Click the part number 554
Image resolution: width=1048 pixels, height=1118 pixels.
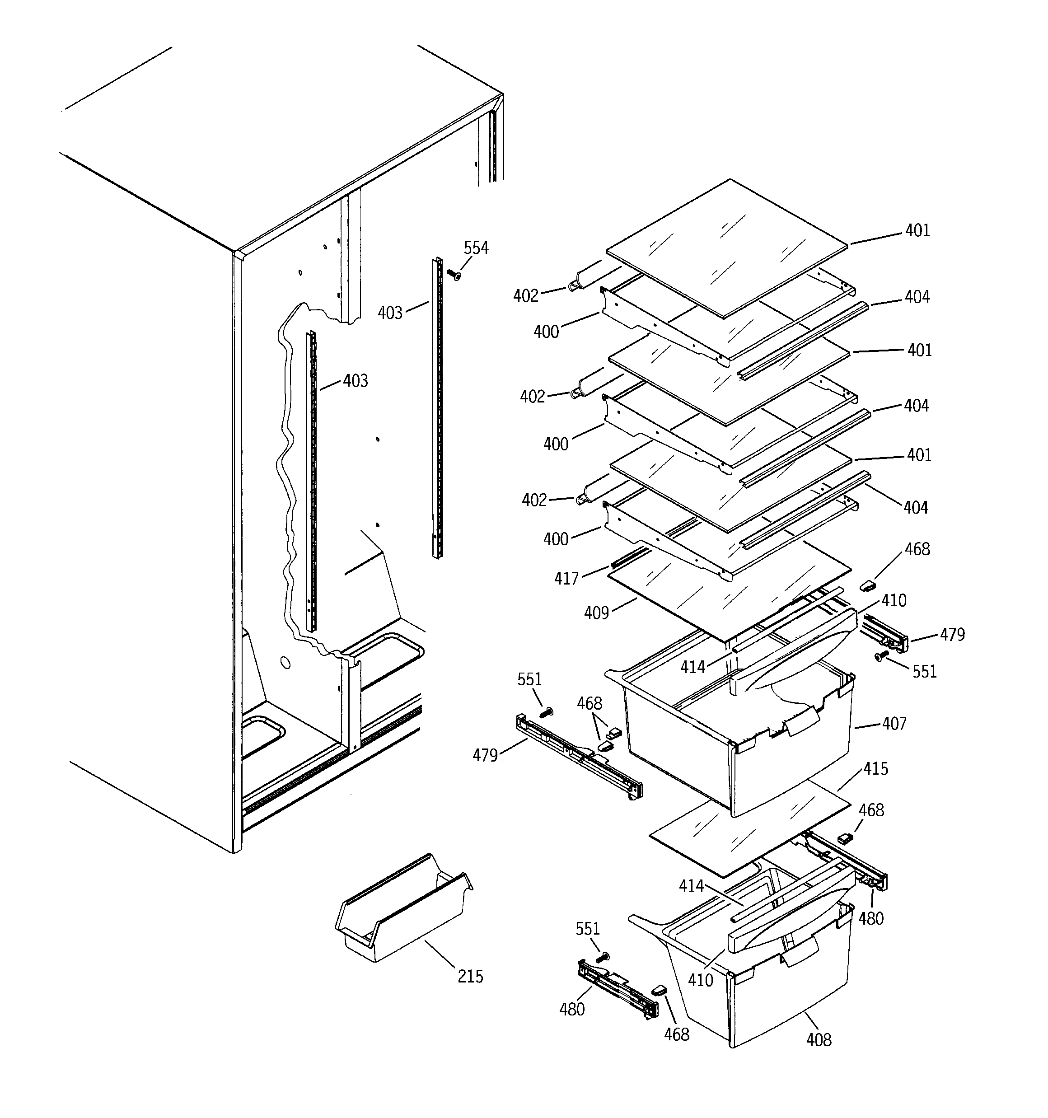coord(476,248)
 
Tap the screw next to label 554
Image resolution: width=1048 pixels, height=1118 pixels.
coord(454,275)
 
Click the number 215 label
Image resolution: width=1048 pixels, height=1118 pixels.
coord(470,976)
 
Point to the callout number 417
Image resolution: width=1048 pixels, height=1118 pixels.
coord(566,579)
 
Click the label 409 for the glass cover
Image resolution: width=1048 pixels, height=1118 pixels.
coord(596,613)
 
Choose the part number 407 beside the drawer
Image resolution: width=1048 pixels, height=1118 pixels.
coord(894,723)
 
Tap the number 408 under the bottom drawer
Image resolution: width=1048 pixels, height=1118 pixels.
coord(819,1039)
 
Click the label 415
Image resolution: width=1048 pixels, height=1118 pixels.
coord(875,769)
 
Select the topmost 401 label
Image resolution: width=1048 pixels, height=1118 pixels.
coord(917,230)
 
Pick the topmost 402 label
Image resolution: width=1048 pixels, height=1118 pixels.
coord(526,296)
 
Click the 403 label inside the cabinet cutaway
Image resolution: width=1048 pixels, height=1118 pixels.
coord(356,381)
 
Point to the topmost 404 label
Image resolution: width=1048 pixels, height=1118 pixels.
coord(917,297)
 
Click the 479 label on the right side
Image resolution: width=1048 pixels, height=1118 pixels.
coord(952,634)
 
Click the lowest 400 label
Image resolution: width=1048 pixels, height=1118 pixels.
coord(555,539)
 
